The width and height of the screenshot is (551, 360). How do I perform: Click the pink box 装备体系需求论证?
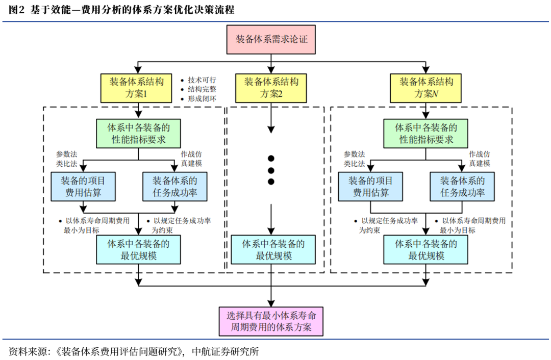click(x=271, y=39)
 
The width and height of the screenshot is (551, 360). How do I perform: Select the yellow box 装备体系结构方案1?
click(x=136, y=88)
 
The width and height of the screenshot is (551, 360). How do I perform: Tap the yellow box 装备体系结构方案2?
click(x=271, y=88)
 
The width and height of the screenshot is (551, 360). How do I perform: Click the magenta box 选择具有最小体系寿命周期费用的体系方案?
click(x=271, y=321)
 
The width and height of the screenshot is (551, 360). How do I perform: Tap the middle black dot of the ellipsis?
click(x=271, y=170)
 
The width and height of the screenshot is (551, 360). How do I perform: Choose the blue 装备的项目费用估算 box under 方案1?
click(x=84, y=187)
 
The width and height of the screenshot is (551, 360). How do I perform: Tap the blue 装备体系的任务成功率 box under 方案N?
click(x=462, y=187)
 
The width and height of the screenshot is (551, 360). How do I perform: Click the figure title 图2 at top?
click(x=16, y=10)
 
